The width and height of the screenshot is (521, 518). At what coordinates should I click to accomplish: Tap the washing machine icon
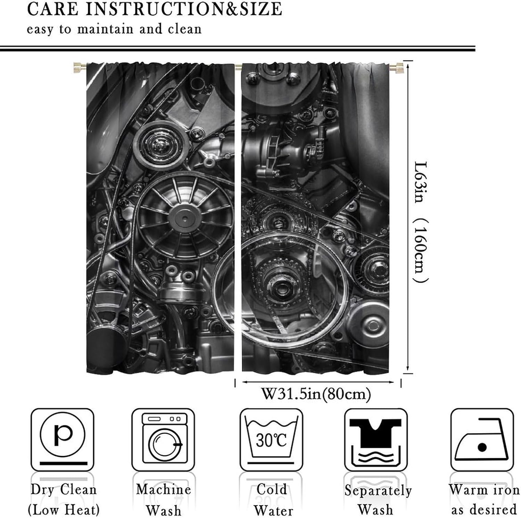tap(163, 439)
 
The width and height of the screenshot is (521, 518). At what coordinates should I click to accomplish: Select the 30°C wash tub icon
tap(271, 439)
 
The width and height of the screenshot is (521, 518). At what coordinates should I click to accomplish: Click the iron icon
tap(482, 439)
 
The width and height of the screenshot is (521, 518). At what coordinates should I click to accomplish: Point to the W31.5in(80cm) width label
tap(316, 394)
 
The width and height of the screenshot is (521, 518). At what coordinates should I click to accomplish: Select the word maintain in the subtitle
tap(105, 29)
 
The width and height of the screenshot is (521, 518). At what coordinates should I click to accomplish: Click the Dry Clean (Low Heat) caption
tap(64, 500)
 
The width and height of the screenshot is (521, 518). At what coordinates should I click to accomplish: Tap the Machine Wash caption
tap(164, 500)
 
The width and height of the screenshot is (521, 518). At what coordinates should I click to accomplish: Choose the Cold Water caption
tap(273, 500)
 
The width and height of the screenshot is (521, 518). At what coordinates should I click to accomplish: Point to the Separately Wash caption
tap(378, 500)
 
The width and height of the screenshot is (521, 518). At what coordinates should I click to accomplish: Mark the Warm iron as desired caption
tap(484, 500)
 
